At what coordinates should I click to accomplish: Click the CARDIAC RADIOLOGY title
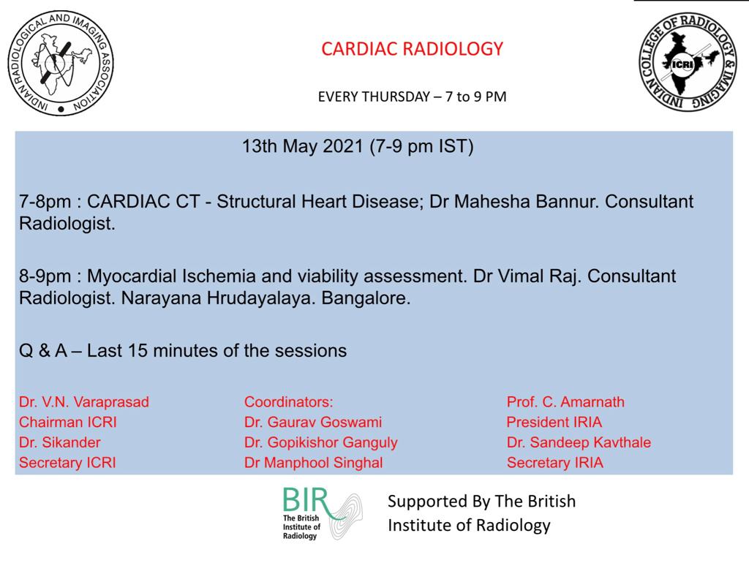point(413,49)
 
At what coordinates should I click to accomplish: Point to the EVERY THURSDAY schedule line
point(412,97)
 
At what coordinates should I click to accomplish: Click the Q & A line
point(183,350)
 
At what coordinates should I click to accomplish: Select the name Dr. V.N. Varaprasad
point(84,402)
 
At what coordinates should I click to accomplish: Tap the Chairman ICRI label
point(68,422)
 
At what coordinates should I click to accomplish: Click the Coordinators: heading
point(288,402)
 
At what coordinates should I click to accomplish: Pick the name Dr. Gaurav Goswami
point(313,422)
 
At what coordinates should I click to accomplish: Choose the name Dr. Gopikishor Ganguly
point(321,442)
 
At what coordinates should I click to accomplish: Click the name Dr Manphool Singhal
point(314,462)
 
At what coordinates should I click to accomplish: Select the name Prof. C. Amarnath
point(565,402)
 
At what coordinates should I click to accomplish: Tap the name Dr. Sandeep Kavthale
point(579,442)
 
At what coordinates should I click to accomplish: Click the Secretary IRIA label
point(555,462)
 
